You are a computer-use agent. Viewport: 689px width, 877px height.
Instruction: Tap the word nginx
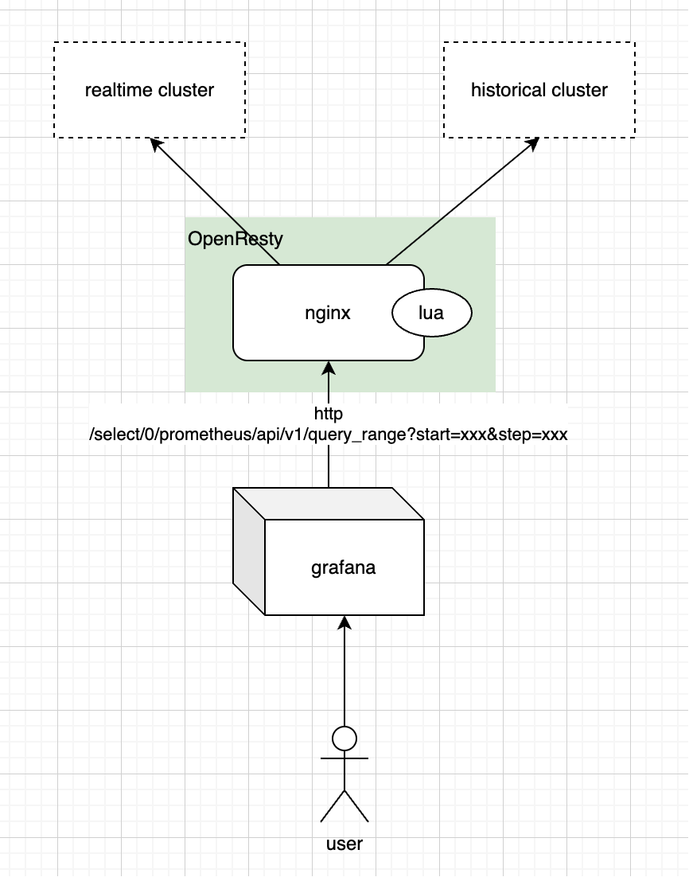(x=328, y=314)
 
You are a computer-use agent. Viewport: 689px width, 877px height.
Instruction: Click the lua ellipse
(x=432, y=314)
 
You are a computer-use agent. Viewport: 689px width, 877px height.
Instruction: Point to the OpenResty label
(x=236, y=239)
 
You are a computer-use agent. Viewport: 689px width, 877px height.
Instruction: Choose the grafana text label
(x=343, y=568)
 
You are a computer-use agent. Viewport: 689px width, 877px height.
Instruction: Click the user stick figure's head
(x=344, y=739)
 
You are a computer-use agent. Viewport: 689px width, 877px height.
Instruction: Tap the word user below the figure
(x=344, y=844)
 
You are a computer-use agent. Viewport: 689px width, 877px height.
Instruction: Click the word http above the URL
(x=329, y=414)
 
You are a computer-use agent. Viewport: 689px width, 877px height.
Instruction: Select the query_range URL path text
(x=329, y=435)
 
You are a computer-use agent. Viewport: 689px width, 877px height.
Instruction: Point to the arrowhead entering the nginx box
(x=329, y=368)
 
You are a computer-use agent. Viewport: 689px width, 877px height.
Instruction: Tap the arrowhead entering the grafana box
(x=344, y=622)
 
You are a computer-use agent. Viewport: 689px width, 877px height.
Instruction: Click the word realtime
(x=119, y=90)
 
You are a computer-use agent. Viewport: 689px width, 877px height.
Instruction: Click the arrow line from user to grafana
(x=344, y=676)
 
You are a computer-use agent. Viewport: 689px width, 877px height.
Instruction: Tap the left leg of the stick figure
(x=332, y=806)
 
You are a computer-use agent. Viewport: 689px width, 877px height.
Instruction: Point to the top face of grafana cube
(x=328, y=503)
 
